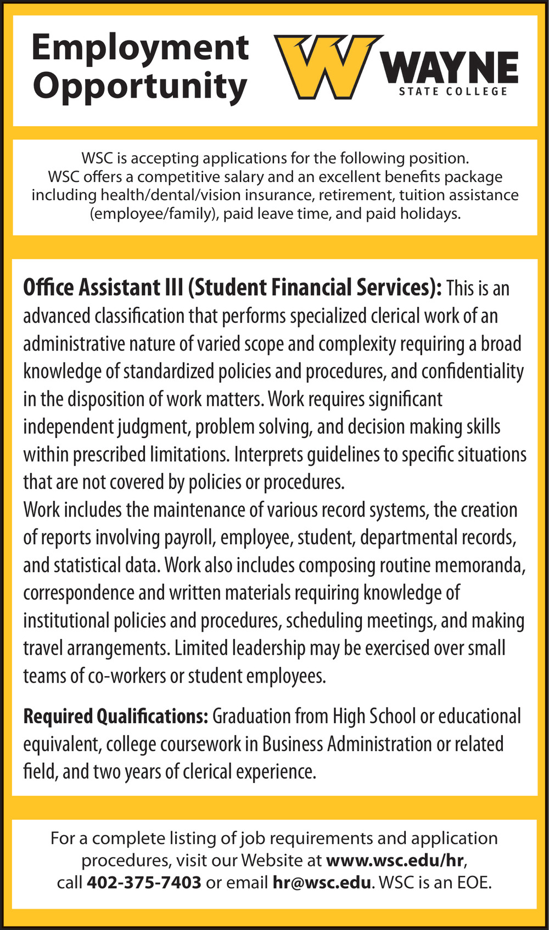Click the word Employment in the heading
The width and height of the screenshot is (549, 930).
click(x=140, y=48)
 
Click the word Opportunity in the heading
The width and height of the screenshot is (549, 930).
click(x=140, y=87)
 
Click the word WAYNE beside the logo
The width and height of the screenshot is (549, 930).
click(x=451, y=69)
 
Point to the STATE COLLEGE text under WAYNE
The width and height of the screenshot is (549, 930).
click(x=453, y=92)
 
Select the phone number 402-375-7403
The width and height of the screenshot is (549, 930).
click(x=144, y=882)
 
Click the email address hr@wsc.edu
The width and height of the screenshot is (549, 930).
click(x=322, y=882)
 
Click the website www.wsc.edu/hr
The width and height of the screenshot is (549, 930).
click(x=395, y=860)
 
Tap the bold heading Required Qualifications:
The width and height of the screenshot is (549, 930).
click(x=115, y=716)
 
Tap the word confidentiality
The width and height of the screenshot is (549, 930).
click(x=472, y=371)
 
